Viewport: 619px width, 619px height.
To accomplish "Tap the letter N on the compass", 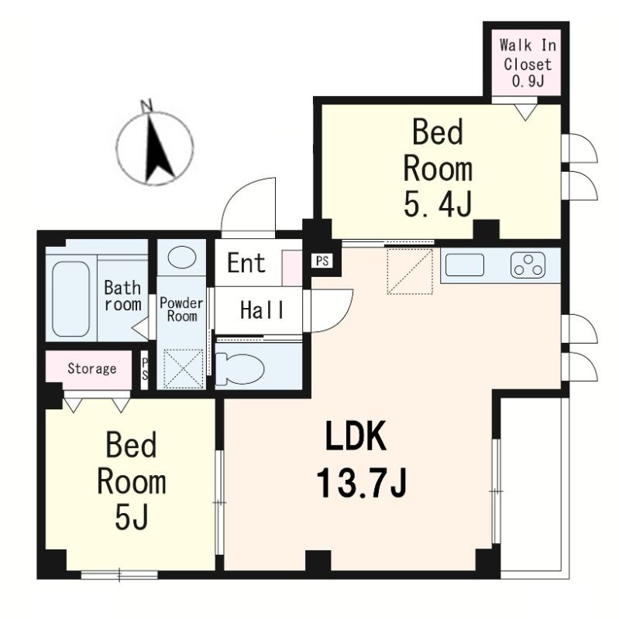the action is (x=146, y=105).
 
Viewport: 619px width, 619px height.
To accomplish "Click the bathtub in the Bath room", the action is (x=71, y=299).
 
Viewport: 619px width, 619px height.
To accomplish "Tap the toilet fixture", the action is (x=240, y=369).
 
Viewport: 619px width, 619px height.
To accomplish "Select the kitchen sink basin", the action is (x=465, y=265).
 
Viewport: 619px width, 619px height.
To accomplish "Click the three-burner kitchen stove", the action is (x=528, y=265).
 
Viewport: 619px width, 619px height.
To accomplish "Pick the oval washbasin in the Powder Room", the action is (x=182, y=257).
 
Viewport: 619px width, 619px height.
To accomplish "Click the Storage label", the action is (x=91, y=369).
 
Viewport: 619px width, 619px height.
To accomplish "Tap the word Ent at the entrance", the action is (x=246, y=263).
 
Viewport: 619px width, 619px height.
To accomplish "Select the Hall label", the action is (x=262, y=310).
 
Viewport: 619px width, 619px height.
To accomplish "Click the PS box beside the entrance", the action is (x=322, y=261).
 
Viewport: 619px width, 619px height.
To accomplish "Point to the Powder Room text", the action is (x=181, y=309).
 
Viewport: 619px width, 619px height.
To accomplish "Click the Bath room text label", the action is (x=122, y=296).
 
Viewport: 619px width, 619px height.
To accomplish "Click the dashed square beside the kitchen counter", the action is (x=410, y=272).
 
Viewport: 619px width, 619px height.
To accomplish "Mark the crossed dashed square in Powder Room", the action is (x=183, y=369).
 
